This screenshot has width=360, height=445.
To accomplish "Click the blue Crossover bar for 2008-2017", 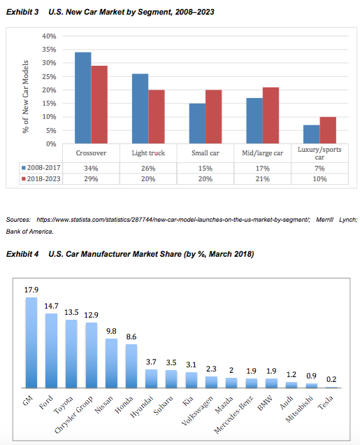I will pyautogui.click(x=82, y=98).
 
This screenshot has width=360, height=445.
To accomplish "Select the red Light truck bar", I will pyautogui.click(x=157, y=116).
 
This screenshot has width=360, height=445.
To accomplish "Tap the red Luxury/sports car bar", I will pyautogui.click(x=328, y=130).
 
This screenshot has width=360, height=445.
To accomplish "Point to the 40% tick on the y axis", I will pyautogui.click(x=49, y=36).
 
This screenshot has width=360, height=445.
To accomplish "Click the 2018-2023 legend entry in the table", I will pyautogui.click(x=42, y=179).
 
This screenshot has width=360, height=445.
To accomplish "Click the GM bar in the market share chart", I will pyautogui.click(x=31, y=342).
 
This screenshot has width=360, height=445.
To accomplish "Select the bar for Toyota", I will pyautogui.click(x=71, y=353).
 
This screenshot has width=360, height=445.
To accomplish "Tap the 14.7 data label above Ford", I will pyautogui.click(x=51, y=306).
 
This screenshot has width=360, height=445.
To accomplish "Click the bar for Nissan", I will pyautogui.click(x=111, y=363).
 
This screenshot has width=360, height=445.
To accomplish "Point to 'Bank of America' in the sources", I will pyautogui.click(x=26, y=230).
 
